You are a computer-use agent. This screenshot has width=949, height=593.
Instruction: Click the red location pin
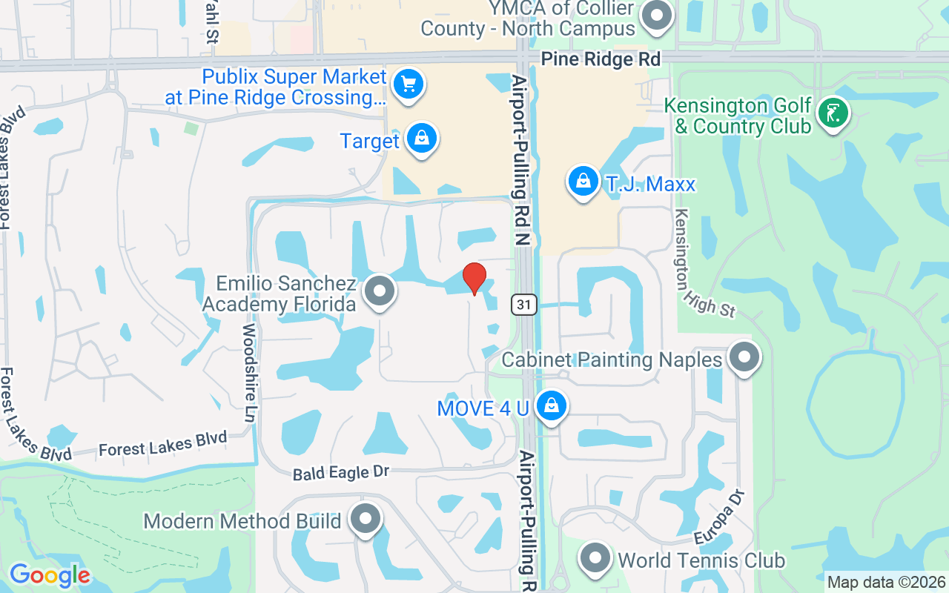click(474, 278)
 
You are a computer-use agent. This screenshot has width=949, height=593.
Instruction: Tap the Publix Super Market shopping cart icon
click(408, 84)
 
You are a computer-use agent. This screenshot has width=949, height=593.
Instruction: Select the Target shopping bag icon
click(422, 139)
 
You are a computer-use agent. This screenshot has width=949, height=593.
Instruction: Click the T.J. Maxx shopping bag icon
click(583, 182)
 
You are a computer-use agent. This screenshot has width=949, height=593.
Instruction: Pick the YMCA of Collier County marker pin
click(656, 16)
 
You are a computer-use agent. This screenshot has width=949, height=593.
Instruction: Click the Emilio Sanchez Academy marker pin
click(380, 291)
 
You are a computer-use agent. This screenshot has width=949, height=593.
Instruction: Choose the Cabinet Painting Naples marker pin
click(744, 358)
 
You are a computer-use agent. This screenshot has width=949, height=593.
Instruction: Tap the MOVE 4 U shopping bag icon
click(551, 406)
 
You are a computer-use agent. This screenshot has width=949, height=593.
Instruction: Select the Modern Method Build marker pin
click(365, 519)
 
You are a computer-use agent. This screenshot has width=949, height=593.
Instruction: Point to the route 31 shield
click(523, 303)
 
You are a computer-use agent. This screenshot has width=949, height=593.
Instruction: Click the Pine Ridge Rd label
click(601, 59)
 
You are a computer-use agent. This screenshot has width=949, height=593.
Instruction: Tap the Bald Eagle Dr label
click(341, 472)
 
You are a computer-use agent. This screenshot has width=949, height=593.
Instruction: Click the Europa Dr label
click(718, 517)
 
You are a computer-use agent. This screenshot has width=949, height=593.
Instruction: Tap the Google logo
click(50, 575)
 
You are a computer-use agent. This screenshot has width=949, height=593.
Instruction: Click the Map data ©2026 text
click(887, 583)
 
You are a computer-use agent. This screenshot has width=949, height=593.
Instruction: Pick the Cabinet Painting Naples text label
click(612, 360)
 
